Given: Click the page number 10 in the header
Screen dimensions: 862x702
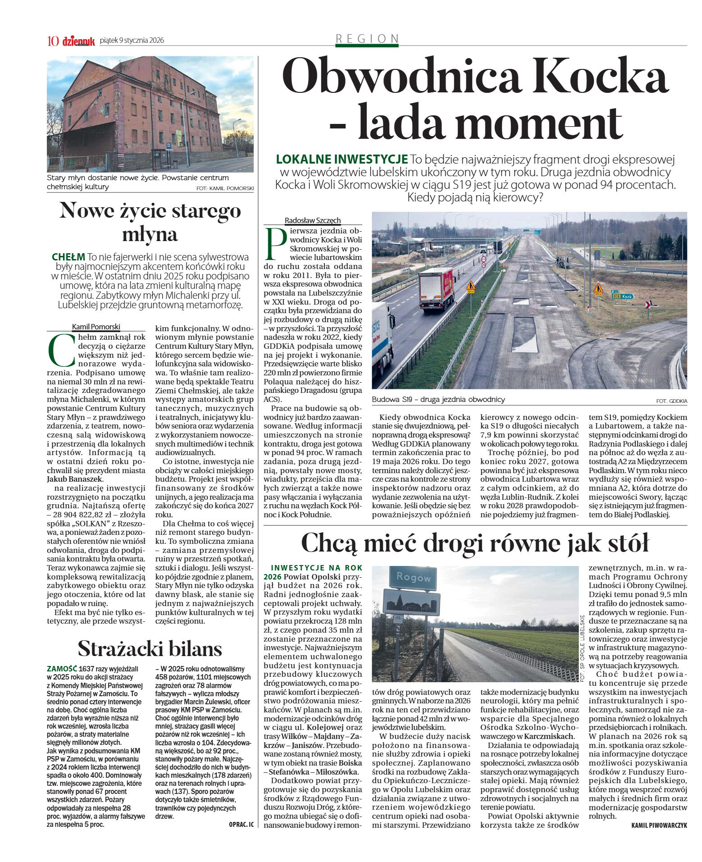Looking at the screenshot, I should click(x=53, y=41).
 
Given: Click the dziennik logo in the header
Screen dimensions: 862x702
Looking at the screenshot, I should click(x=78, y=41).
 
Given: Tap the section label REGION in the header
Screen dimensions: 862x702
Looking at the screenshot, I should click(x=367, y=39).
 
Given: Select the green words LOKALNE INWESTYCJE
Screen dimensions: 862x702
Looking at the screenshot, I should click(x=342, y=159).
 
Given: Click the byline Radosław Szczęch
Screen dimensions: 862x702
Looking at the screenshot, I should click(x=312, y=220).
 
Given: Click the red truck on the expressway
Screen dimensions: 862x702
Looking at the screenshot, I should click(x=436, y=289).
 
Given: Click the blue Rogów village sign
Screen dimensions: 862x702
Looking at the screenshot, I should click(x=413, y=577).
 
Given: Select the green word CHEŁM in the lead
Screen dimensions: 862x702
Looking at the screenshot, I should click(x=68, y=257).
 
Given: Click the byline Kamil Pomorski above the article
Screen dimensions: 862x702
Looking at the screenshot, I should click(x=96, y=327).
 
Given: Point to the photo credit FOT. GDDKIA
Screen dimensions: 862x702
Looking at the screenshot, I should click(x=671, y=401).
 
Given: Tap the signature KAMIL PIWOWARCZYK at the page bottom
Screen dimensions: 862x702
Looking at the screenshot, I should click(x=659, y=825).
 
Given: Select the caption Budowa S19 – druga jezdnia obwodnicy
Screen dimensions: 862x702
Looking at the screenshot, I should click(x=438, y=399).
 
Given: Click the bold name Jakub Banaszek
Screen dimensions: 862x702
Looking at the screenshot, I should click(x=75, y=479).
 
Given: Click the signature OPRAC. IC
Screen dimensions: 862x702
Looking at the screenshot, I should click(x=241, y=825).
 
